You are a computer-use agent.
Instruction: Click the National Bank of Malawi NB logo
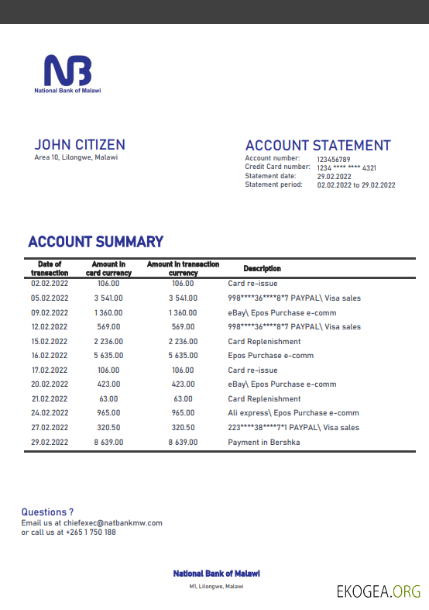tap(67, 71)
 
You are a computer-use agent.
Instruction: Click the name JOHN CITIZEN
tap(80, 145)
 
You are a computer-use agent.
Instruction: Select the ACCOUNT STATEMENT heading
tap(317, 146)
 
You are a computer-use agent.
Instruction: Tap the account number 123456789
tap(334, 159)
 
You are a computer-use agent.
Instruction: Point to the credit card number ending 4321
tap(346, 167)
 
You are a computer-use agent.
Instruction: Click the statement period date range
tap(356, 185)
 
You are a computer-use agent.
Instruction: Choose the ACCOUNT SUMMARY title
tap(95, 242)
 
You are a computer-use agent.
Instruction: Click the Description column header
tap(262, 268)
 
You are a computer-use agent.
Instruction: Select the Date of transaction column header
tap(50, 268)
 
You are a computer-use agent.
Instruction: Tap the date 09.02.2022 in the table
tap(50, 312)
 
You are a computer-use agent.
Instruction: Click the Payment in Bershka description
tap(263, 443)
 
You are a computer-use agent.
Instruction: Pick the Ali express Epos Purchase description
tap(293, 413)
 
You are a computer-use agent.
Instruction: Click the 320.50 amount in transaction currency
tap(183, 428)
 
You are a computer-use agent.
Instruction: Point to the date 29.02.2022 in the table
tap(50, 443)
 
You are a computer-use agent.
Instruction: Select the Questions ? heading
tap(47, 512)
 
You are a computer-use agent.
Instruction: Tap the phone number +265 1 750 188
tap(90, 532)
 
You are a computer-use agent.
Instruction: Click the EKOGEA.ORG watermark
tap(378, 592)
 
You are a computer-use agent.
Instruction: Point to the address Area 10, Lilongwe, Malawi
tap(76, 157)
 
